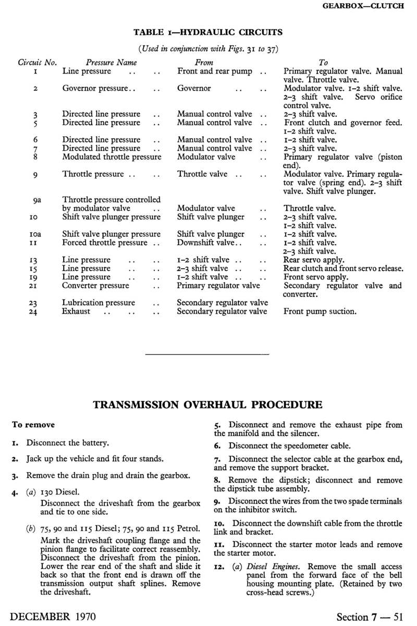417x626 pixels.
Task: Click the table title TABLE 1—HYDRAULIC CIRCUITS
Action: [x=208, y=32]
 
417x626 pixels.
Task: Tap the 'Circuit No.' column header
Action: [x=37, y=62]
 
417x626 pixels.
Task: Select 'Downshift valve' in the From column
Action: [x=210, y=243]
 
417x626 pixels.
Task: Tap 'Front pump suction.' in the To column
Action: [x=320, y=311]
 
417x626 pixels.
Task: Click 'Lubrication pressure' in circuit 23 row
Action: [x=99, y=303]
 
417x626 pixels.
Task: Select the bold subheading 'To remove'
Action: [x=33, y=425]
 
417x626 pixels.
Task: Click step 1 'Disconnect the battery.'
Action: [x=68, y=443]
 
